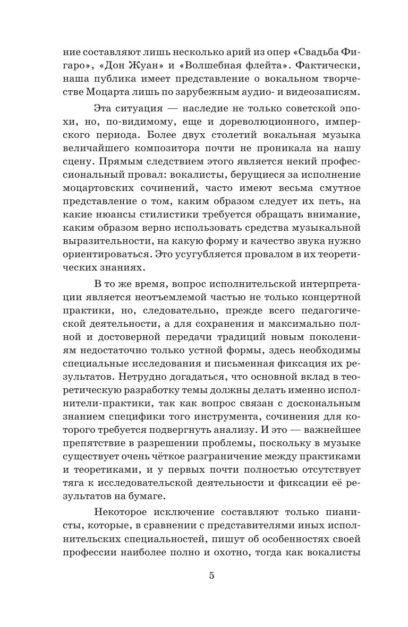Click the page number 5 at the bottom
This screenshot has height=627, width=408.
click(x=211, y=576)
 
